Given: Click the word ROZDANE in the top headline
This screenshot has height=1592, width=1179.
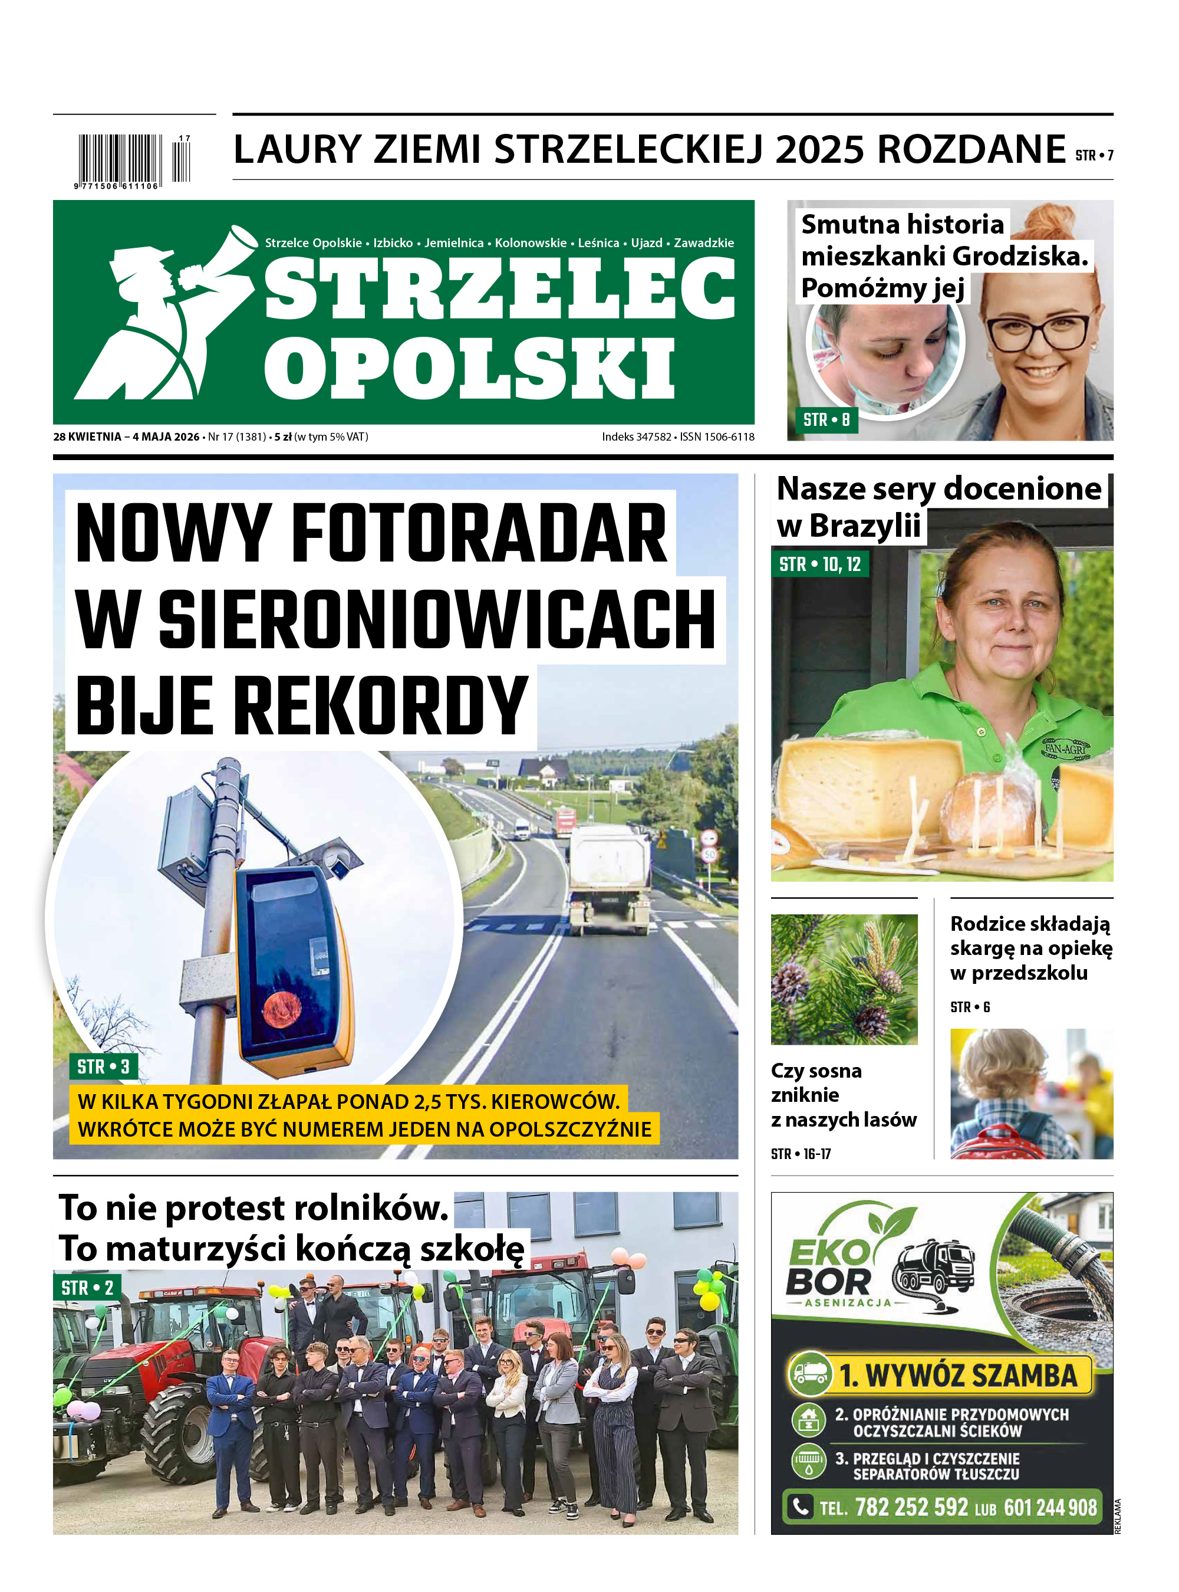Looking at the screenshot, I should [970, 150].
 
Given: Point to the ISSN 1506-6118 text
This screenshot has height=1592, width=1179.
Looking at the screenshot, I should [716, 437].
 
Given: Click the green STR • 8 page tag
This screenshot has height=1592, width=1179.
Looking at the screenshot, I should [826, 420].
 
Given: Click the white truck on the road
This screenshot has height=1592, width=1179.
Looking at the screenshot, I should [610, 878].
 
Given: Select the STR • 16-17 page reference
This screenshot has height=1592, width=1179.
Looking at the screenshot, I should [801, 1154].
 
